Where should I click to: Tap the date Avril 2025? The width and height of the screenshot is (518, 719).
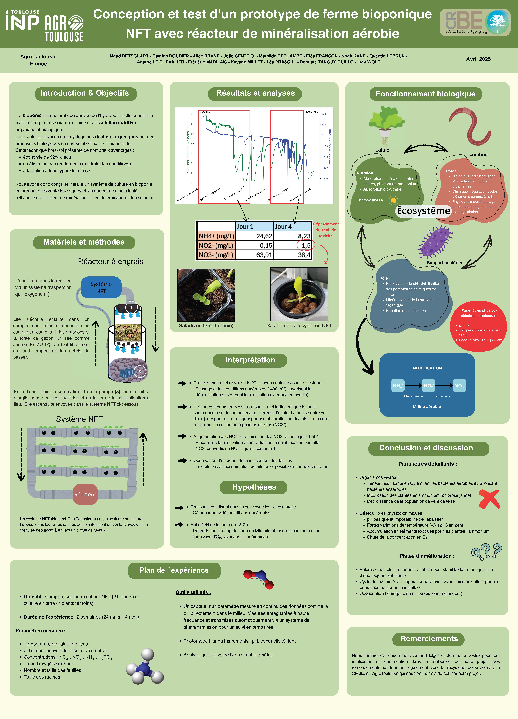click(478, 59)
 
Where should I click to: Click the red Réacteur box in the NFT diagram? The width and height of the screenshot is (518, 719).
click(85, 494)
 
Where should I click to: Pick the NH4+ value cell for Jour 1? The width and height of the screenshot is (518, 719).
click(255, 236)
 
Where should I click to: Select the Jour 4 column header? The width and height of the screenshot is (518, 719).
click(292, 226)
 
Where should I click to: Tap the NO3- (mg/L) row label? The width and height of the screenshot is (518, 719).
click(216, 255)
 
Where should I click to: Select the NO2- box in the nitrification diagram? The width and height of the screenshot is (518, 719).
click(428, 385)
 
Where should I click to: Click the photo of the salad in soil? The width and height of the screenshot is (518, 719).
click(206, 295)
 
